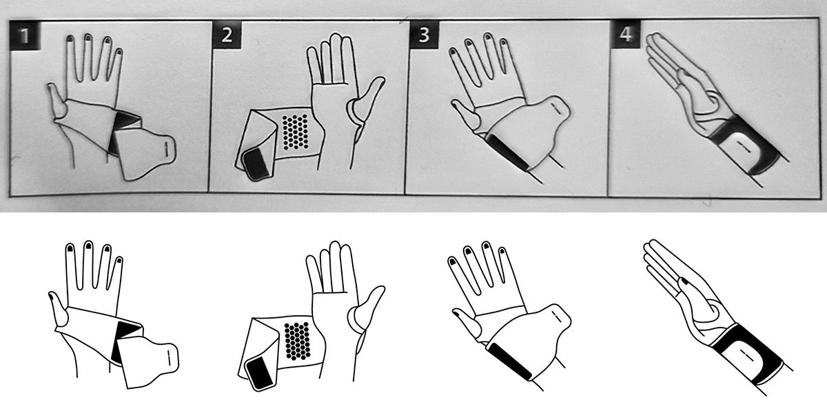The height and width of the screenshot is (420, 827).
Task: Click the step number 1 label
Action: coord(25,35)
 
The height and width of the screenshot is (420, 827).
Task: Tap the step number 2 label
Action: coord(227,34)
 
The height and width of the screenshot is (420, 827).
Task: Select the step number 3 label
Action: coord(425,34)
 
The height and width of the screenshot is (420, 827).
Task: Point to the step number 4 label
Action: coord(625,34)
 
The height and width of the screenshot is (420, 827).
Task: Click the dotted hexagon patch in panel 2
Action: coord(296,132)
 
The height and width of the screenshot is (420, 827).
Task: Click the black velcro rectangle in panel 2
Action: coord(256,163)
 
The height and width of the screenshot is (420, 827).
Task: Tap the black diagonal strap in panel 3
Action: coord(507,152)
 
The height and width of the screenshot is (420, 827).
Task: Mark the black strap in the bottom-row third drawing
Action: coord(509,361)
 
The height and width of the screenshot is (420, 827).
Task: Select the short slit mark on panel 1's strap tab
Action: coord(166,148)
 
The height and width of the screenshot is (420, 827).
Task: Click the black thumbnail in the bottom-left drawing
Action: coord(52,295)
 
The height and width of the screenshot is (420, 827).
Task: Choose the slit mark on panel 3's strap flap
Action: coord(557,108)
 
